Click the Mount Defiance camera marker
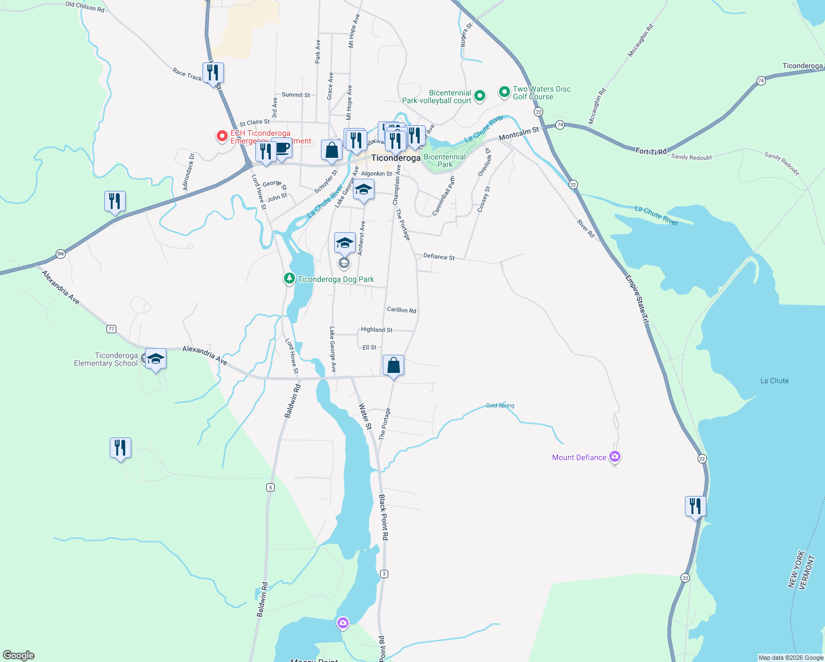point(615,457)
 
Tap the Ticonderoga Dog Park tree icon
point(289,279)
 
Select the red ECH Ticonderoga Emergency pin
point(222,136)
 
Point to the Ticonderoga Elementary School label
point(106,359)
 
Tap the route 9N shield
point(61,254)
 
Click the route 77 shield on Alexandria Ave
point(111,329)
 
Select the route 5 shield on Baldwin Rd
point(270,487)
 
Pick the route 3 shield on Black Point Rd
point(384,574)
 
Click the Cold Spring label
point(500,405)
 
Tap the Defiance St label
point(439,257)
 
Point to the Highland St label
point(376,330)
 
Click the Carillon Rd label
point(401,310)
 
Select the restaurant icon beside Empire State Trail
point(695,505)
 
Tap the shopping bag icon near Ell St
point(393,365)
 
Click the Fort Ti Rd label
point(651,151)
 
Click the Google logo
point(19,655)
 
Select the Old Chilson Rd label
point(85,7)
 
